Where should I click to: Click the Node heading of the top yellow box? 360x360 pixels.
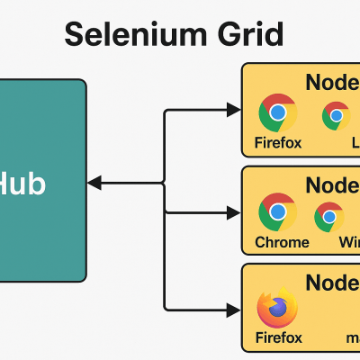pos(332,82)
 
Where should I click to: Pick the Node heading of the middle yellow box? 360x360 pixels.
pos(332,185)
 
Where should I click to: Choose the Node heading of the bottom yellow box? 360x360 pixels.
pos(332,283)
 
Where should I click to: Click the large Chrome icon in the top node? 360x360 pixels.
pos(277,113)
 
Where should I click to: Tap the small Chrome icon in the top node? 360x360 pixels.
pos(337,115)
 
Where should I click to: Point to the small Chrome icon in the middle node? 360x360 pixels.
pos(329,216)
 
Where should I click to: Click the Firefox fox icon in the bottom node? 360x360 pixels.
pos(277,309)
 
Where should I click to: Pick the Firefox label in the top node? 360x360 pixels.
pos(278,143)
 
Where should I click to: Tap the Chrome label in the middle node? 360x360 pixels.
pos(282,242)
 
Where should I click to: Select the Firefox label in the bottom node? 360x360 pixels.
pos(278,337)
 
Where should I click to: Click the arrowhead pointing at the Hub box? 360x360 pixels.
pos(94,184)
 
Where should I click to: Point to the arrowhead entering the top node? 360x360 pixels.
pos(235,112)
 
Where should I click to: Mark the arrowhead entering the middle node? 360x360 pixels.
pos(235,213)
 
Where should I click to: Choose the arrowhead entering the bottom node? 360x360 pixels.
pos(235,308)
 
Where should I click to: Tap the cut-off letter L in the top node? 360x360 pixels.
pos(355,143)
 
